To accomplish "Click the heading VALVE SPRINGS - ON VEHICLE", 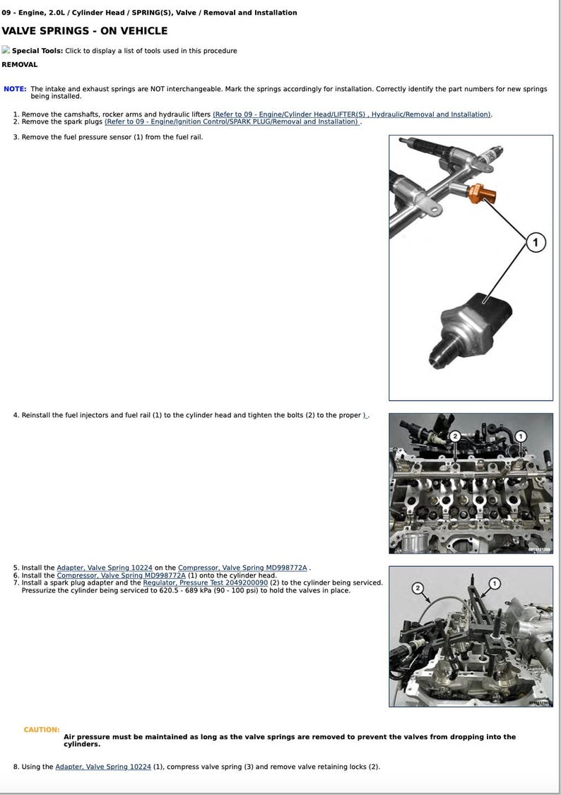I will click(x=85, y=31).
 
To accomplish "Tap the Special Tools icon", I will click(x=6, y=50).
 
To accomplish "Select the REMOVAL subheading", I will click(x=20, y=64).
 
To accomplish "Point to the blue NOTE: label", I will click(x=15, y=89).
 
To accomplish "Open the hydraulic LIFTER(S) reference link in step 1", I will click(x=352, y=114).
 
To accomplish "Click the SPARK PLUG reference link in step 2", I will click(x=232, y=121).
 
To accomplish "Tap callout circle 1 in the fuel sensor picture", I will click(x=535, y=243).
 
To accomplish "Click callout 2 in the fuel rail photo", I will click(x=455, y=436).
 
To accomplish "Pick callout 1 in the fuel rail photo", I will click(x=521, y=436).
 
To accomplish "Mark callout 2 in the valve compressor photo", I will click(x=417, y=587).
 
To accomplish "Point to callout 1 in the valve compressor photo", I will click(x=495, y=583).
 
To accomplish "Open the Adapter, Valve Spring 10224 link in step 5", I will click(x=105, y=568).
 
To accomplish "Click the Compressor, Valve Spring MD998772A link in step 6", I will click(x=121, y=575).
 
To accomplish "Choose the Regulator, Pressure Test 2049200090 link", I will click(x=205, y=583).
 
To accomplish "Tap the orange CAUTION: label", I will click(x=41, y=729).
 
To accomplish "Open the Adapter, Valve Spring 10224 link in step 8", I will click(x=103, y=767).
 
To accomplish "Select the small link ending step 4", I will click(x=365, y=415).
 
